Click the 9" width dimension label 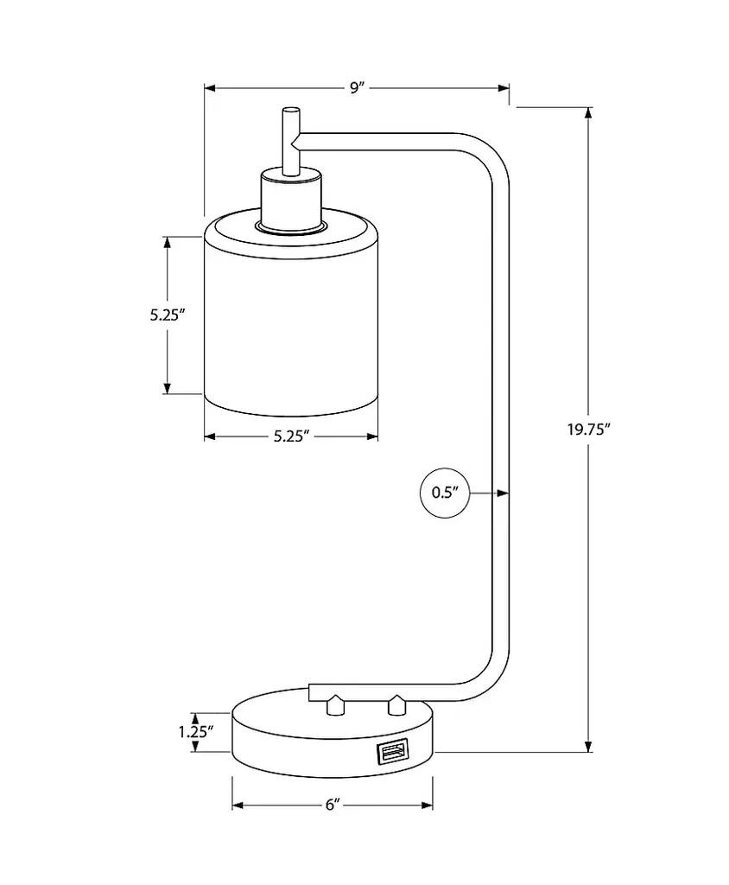(357, 87)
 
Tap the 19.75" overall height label (590, 429)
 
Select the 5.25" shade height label (168, 315)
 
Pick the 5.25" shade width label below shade (291, 436)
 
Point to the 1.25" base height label (196, 731)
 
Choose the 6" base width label (333, 805)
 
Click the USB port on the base (390, 753)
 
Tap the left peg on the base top (334, 705)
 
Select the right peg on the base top (396, 705)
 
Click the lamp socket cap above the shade (291, 201)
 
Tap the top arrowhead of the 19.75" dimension (589, 113)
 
